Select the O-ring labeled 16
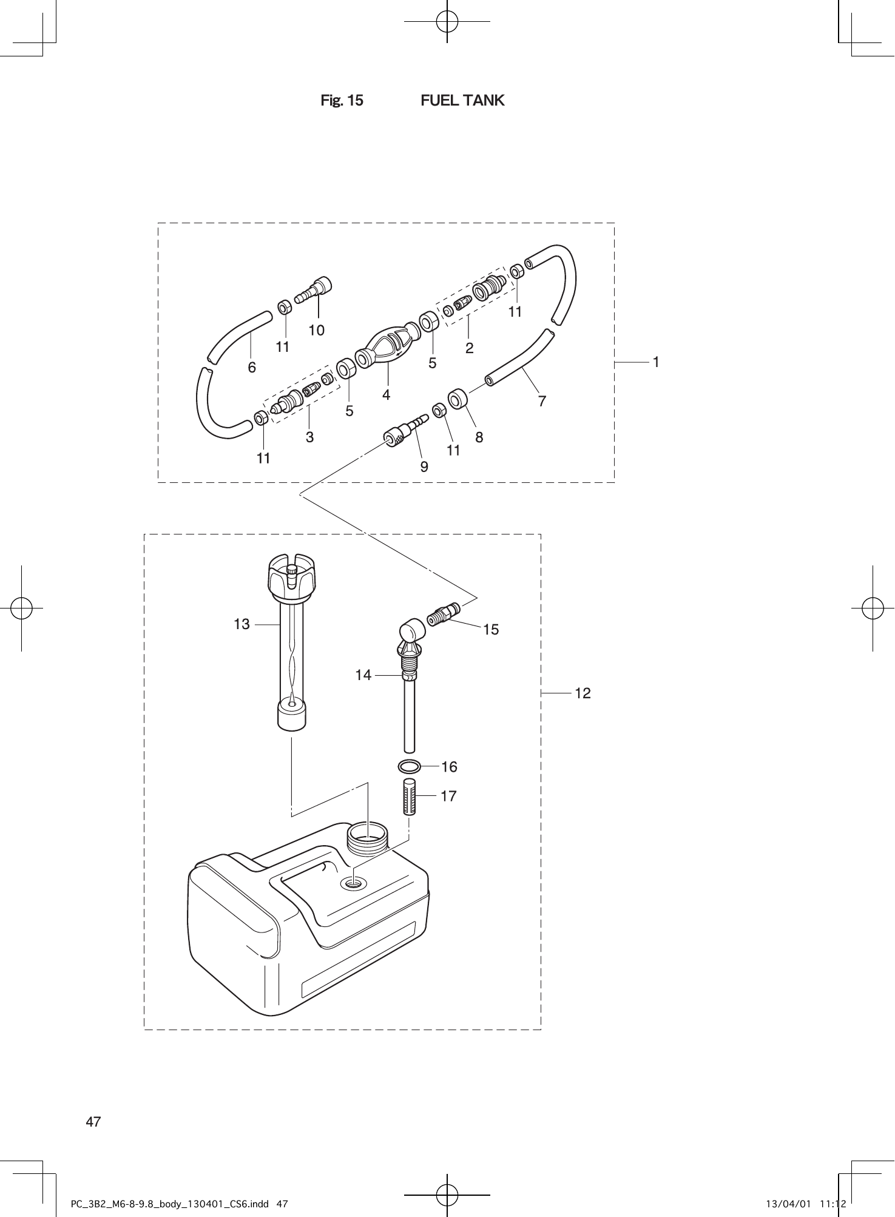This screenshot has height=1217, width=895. click(x=410, y=767)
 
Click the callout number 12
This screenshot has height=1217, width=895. click(x=583, y=693)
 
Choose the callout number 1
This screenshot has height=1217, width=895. click(x=656, y=362)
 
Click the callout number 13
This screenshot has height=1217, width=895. click(x=241, y=624)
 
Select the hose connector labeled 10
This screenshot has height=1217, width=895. click(x=315, y=290)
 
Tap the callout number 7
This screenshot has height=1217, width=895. click(x=542, y=401)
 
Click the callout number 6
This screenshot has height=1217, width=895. click(x=252, y=368)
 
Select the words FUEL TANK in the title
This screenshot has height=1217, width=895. click(x=462, y=101)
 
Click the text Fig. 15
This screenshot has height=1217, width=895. click(x=342, y=101)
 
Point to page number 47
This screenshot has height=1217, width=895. click(x=93, y=1121)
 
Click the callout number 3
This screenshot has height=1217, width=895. click(x=309, y=437)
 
